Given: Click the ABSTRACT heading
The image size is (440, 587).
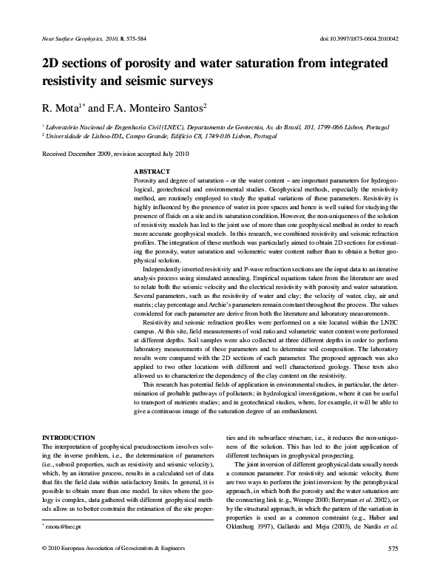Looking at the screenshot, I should coord(151,171).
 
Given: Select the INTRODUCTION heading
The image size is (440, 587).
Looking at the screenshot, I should coord(69,438).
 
